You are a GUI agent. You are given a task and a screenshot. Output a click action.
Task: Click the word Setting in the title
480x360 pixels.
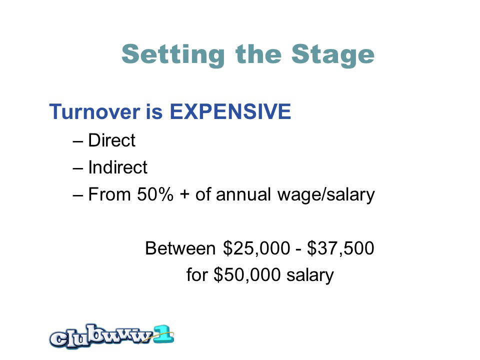[x=173, y=55]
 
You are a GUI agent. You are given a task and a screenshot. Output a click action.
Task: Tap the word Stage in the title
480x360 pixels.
[x=333, y=55]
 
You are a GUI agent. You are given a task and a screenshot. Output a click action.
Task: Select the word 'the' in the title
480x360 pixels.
[x=258, y=54]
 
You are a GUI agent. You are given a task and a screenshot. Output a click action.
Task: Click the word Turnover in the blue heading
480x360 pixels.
[x=94, y=111]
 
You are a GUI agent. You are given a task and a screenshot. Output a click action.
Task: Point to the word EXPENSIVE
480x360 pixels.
[x=230, y=111]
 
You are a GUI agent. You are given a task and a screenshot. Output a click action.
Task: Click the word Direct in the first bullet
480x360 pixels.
[x=111, y=140]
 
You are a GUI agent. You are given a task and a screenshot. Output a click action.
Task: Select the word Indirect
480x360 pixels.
[x=118, y=167]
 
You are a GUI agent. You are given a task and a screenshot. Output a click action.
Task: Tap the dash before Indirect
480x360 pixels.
[x=78, y=168]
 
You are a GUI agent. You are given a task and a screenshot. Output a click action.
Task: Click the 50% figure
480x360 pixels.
[x=155, y=194]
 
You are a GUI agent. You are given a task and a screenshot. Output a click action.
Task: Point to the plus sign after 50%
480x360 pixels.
[x=184, y=195]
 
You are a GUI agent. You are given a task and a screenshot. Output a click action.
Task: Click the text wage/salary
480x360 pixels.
[x=326, y=195]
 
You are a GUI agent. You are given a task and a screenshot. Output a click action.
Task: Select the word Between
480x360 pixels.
[x=180, y=248]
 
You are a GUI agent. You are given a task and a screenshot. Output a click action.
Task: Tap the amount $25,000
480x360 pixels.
[x=256, y=248]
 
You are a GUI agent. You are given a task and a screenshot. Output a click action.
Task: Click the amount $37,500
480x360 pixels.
[x=340, y=248]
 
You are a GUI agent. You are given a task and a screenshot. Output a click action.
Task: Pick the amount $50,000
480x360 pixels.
[x=247, y=275]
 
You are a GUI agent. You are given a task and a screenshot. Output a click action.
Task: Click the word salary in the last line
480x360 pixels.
[x=310, y=275]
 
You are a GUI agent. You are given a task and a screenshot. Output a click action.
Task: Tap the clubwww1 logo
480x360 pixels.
[x=111, y=336]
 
